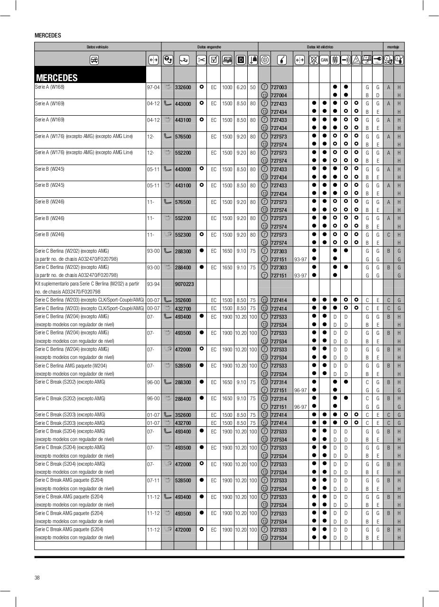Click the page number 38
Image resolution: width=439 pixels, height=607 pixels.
coord(37,577)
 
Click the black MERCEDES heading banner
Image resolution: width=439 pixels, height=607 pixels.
coord(90,75)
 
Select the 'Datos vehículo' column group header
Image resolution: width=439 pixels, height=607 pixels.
coord(97,47)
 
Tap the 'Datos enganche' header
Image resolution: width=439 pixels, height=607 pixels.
coord(209,47)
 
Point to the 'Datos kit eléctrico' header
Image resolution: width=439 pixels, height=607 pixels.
coord(320,47)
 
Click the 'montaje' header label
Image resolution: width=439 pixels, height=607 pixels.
coord(393,47)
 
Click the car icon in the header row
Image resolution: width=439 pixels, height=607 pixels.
coord(94,60)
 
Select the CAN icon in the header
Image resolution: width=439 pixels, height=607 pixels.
coord(324,60)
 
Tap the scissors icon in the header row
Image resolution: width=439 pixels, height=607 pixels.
coord(202,60)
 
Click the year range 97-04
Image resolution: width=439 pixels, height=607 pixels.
coord(153,87)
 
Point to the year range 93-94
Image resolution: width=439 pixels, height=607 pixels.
coord(153,284)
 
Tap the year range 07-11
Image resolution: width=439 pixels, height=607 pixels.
coord(153,480)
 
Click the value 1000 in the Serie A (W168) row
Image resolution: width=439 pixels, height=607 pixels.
coord(227,87)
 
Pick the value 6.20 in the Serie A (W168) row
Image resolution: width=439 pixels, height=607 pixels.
coord(241,87)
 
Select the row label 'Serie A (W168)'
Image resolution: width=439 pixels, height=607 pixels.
coord(49,87)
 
